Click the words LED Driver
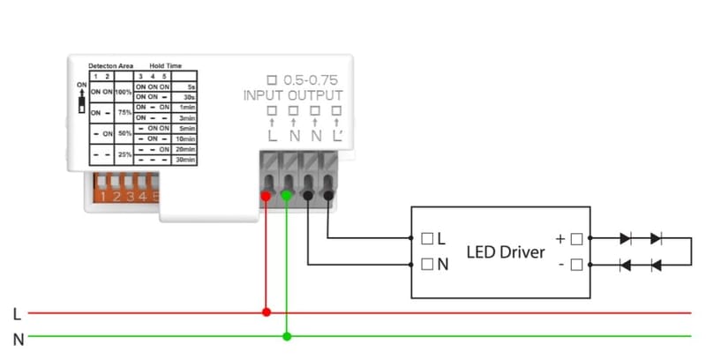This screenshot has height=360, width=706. (506, 252)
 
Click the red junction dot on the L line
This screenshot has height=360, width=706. (267, 311)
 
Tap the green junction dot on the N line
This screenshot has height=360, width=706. (287, 335)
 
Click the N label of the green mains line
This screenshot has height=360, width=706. (18, 338)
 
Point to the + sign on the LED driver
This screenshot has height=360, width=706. (560, 238)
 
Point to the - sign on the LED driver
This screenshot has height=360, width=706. (560, 264)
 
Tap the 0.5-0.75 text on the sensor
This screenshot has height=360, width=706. (310, 79)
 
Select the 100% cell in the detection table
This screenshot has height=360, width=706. (124, 92)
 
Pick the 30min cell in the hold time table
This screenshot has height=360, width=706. (186, 160)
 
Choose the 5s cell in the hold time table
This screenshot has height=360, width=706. (190, 86)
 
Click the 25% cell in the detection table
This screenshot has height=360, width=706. (124, 155)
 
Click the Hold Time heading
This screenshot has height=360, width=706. (167, 66)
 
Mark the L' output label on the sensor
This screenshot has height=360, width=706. (338, 138)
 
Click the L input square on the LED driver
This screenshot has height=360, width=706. (429, 238)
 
